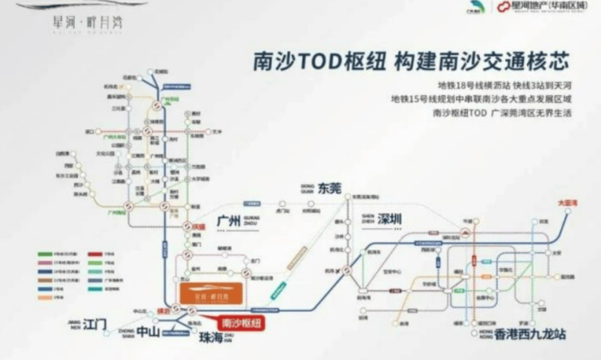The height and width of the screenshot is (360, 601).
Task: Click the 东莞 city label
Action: (x=331, y=188)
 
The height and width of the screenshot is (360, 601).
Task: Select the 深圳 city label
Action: (x=390, y=219)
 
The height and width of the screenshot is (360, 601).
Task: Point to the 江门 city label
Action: (x=96, y=324)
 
